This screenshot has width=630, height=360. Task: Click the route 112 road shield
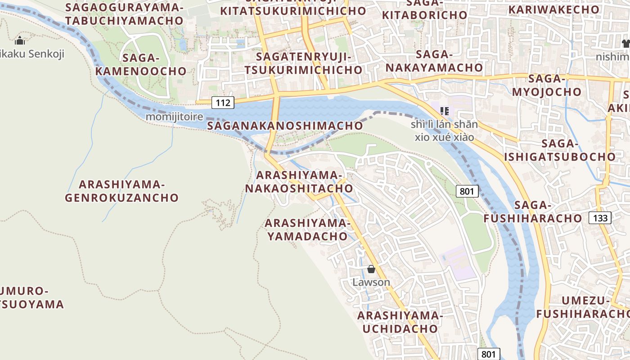[223, 103]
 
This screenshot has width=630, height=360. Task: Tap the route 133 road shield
[600, 218]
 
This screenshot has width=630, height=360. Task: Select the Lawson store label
[371, 282]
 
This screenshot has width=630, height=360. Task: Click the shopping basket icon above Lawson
[371, 270]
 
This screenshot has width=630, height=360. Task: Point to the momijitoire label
[174, 117]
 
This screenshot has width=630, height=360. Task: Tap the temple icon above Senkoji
[20, 41]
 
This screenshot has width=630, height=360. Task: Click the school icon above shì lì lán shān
[445, 111]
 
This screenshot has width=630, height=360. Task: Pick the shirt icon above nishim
[625, 44]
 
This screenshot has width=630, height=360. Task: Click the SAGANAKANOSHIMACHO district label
[285, 126]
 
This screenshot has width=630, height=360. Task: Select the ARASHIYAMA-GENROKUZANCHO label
[122, 191]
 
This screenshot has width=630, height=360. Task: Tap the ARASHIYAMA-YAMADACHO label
[307, 229]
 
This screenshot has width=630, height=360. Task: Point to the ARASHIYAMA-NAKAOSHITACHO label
[299, 181]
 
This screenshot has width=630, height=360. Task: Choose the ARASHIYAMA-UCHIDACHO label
[400, 322]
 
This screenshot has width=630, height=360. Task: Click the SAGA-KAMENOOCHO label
[141, 64]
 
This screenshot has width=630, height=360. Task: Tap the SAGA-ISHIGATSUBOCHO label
[560, 150]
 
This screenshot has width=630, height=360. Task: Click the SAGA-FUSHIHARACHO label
[533, 211]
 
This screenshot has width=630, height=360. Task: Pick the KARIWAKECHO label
[554, 9]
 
